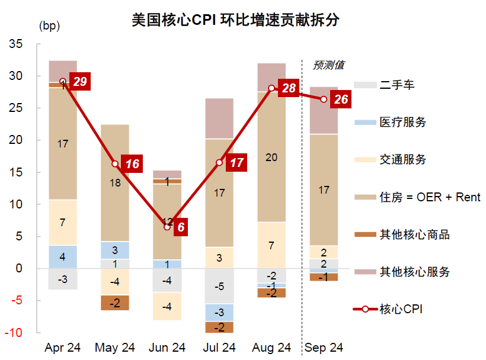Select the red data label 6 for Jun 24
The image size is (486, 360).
(x=181, y=227)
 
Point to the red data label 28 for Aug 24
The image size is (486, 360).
(x=289, y=88)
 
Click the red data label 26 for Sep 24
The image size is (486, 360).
(x=341, y=99)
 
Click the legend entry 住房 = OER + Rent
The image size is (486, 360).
(x=430, y=197)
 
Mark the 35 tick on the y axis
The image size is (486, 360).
(x=16, y=44)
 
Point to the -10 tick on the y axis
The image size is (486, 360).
(x=14, y=333)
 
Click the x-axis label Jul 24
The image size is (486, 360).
(x=219, y=348)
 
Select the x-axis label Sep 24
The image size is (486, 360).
(x=324, y=348)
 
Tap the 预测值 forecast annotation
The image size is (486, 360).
(x=328, y=65)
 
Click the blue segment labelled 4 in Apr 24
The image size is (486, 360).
(x=63, y=257)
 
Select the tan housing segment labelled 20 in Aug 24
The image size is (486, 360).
(x=271, y=157)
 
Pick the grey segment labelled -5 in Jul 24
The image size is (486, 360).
(x=219, y=287)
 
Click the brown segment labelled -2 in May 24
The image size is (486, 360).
(x=115, y=303)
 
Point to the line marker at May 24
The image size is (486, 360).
(x=115, y=163)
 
